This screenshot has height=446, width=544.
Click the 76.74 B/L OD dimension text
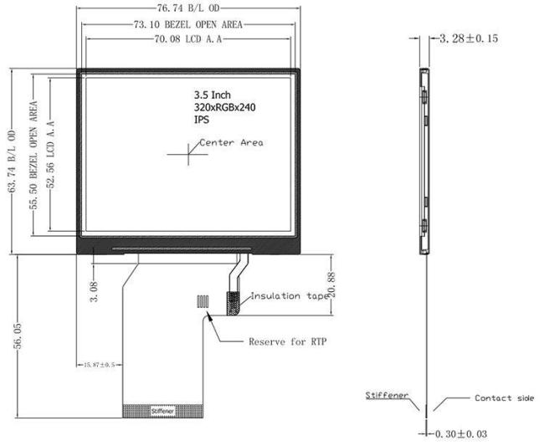[187, 8]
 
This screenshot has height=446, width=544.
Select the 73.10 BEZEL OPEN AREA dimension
[187, 24]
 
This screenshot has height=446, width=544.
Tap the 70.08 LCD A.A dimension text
[187, 39]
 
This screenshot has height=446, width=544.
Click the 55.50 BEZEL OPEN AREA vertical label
[34, 159]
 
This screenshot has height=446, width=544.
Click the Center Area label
[232, 142]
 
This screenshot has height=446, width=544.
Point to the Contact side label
[504, 398]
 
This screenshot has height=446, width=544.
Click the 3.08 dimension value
[95, 293]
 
